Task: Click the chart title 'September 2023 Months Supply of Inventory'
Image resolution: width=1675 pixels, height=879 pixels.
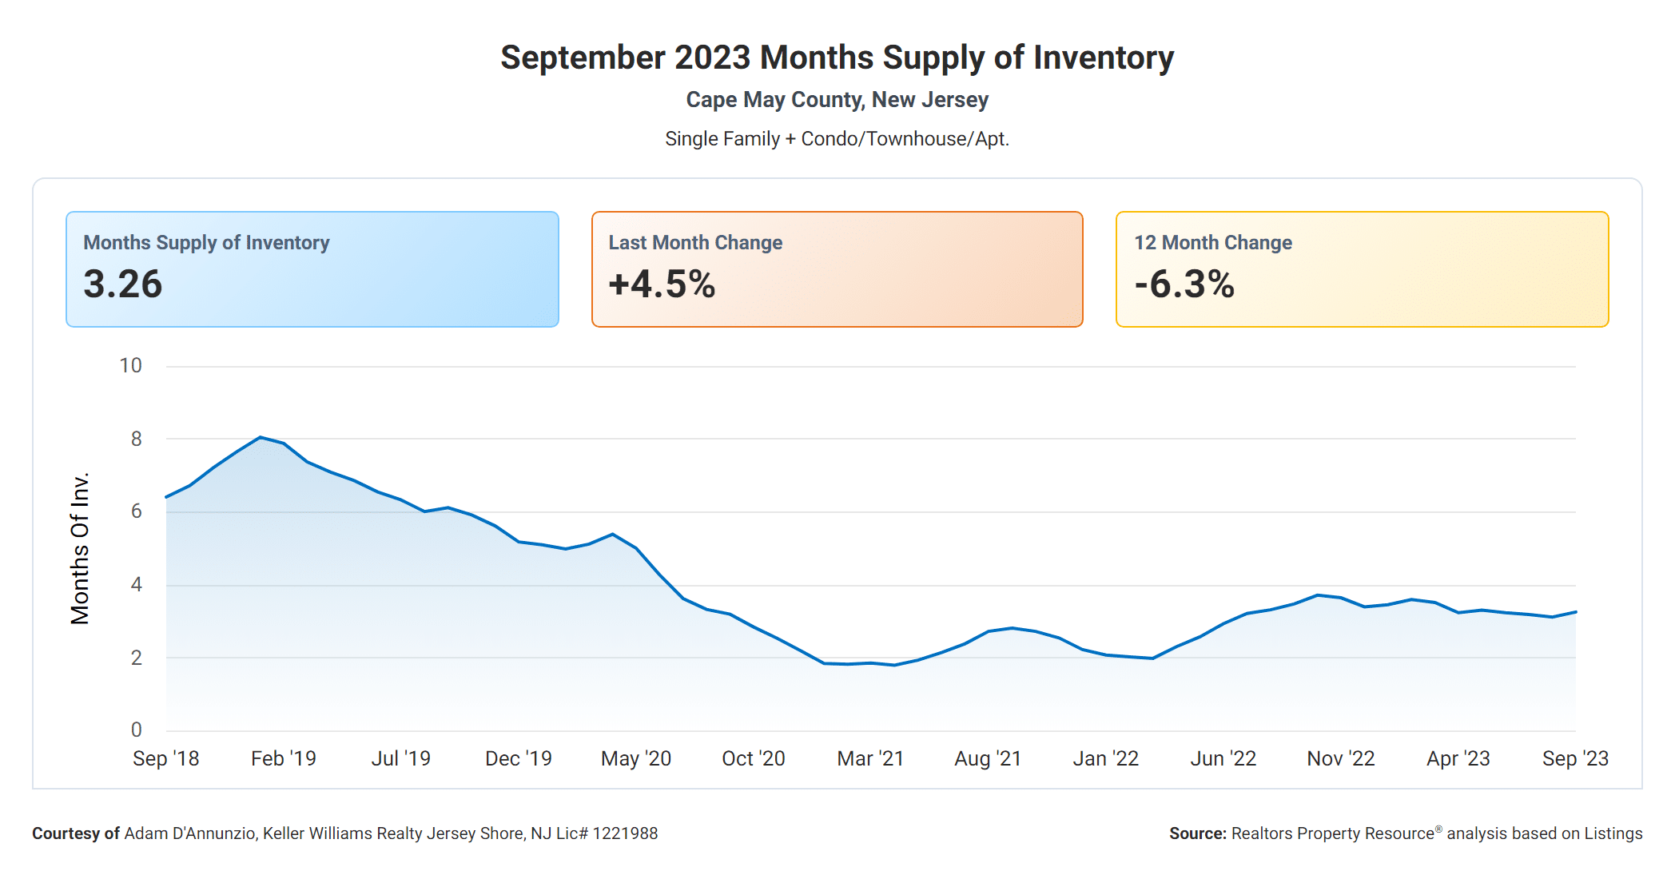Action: [837, 58]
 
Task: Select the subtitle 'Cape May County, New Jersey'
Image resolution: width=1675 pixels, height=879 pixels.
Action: [837, 100]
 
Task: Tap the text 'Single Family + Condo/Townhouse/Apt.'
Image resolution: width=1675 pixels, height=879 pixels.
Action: [837, 139]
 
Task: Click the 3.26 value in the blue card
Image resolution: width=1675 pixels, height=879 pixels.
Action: [123, 284]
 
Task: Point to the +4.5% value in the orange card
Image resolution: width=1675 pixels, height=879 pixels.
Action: [662, 284]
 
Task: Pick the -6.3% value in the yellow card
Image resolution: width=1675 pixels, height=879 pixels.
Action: [1184, 284]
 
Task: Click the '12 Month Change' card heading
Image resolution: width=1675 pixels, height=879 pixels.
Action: [1212, 242]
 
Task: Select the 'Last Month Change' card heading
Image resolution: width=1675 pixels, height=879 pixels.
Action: [695, 242]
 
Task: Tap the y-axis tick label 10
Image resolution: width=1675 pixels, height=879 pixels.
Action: [130, 366]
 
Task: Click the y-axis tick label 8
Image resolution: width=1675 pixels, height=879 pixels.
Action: [137, 439]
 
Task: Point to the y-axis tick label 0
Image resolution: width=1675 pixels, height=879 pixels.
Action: [137, 730]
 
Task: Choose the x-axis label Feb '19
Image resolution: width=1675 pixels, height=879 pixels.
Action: [284, 758]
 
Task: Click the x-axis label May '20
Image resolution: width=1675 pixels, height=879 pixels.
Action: [636, 758]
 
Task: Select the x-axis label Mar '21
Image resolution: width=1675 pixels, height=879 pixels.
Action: [870, 758]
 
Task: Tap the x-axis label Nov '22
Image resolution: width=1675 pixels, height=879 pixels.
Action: [1340, 758]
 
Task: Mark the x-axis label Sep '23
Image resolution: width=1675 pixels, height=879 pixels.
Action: [1575, 758]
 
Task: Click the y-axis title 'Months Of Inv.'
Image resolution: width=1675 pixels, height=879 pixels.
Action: [80, 548]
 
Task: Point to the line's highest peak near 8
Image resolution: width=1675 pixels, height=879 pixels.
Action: [261, 437]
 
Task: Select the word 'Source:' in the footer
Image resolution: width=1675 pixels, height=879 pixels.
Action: [1197, 833]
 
